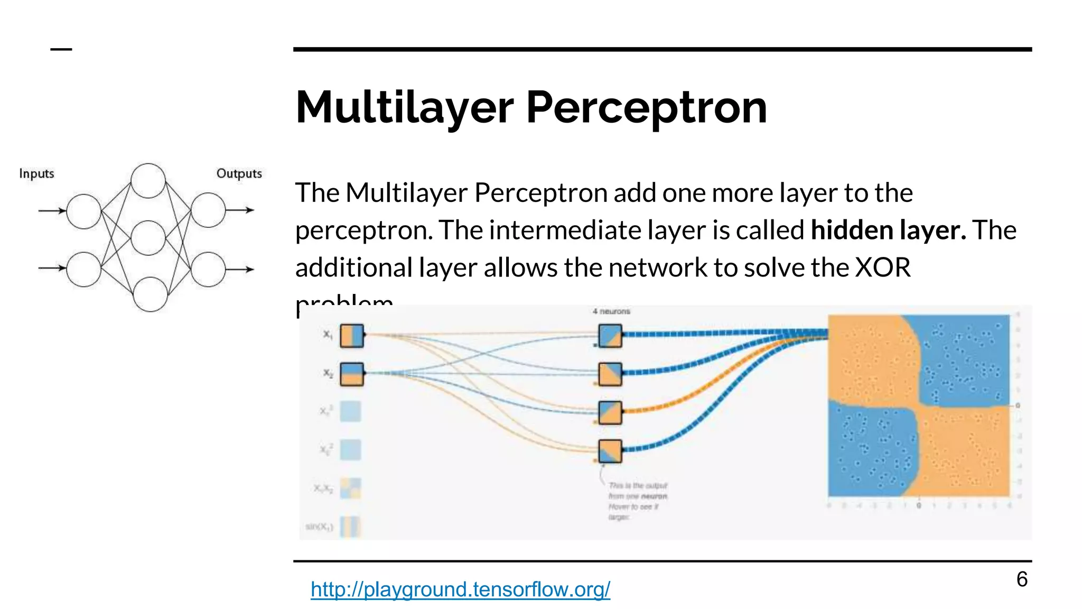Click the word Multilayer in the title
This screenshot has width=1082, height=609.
coord(404,108)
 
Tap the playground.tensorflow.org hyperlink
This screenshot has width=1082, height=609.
coord(460,589)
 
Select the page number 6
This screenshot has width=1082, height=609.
coord(1022,579)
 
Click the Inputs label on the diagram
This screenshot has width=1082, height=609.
coord(36,173)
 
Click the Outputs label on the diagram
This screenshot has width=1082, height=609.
coord(239,173)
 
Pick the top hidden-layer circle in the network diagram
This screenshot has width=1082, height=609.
coord(148,181)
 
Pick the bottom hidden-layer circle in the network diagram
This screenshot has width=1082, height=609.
coord(150,294)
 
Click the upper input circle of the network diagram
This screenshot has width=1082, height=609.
coord(83,211)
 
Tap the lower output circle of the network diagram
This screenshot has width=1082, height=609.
coord(208,269)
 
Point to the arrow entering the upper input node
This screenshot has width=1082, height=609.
coord(52,211)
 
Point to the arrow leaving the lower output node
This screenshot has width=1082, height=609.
coord(241,269)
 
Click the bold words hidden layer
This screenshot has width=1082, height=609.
coord(888,230)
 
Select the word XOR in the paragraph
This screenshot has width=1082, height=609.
coord(882,267)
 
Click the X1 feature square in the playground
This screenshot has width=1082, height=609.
coord(352,336)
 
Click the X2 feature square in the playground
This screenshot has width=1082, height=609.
coord(352,374)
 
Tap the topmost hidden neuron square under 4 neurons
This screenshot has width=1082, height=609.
coord(610,336)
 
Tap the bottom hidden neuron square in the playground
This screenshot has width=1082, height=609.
coord(610,451)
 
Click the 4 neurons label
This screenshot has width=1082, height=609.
coord(611,311)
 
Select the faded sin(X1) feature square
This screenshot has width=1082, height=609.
coord(350,527)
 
